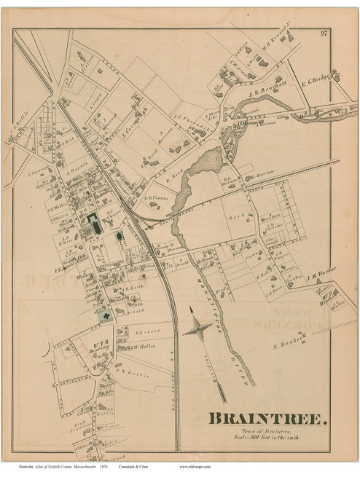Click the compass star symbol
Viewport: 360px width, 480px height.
click(197, 331)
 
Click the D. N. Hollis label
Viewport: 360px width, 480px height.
click(133, 374)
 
